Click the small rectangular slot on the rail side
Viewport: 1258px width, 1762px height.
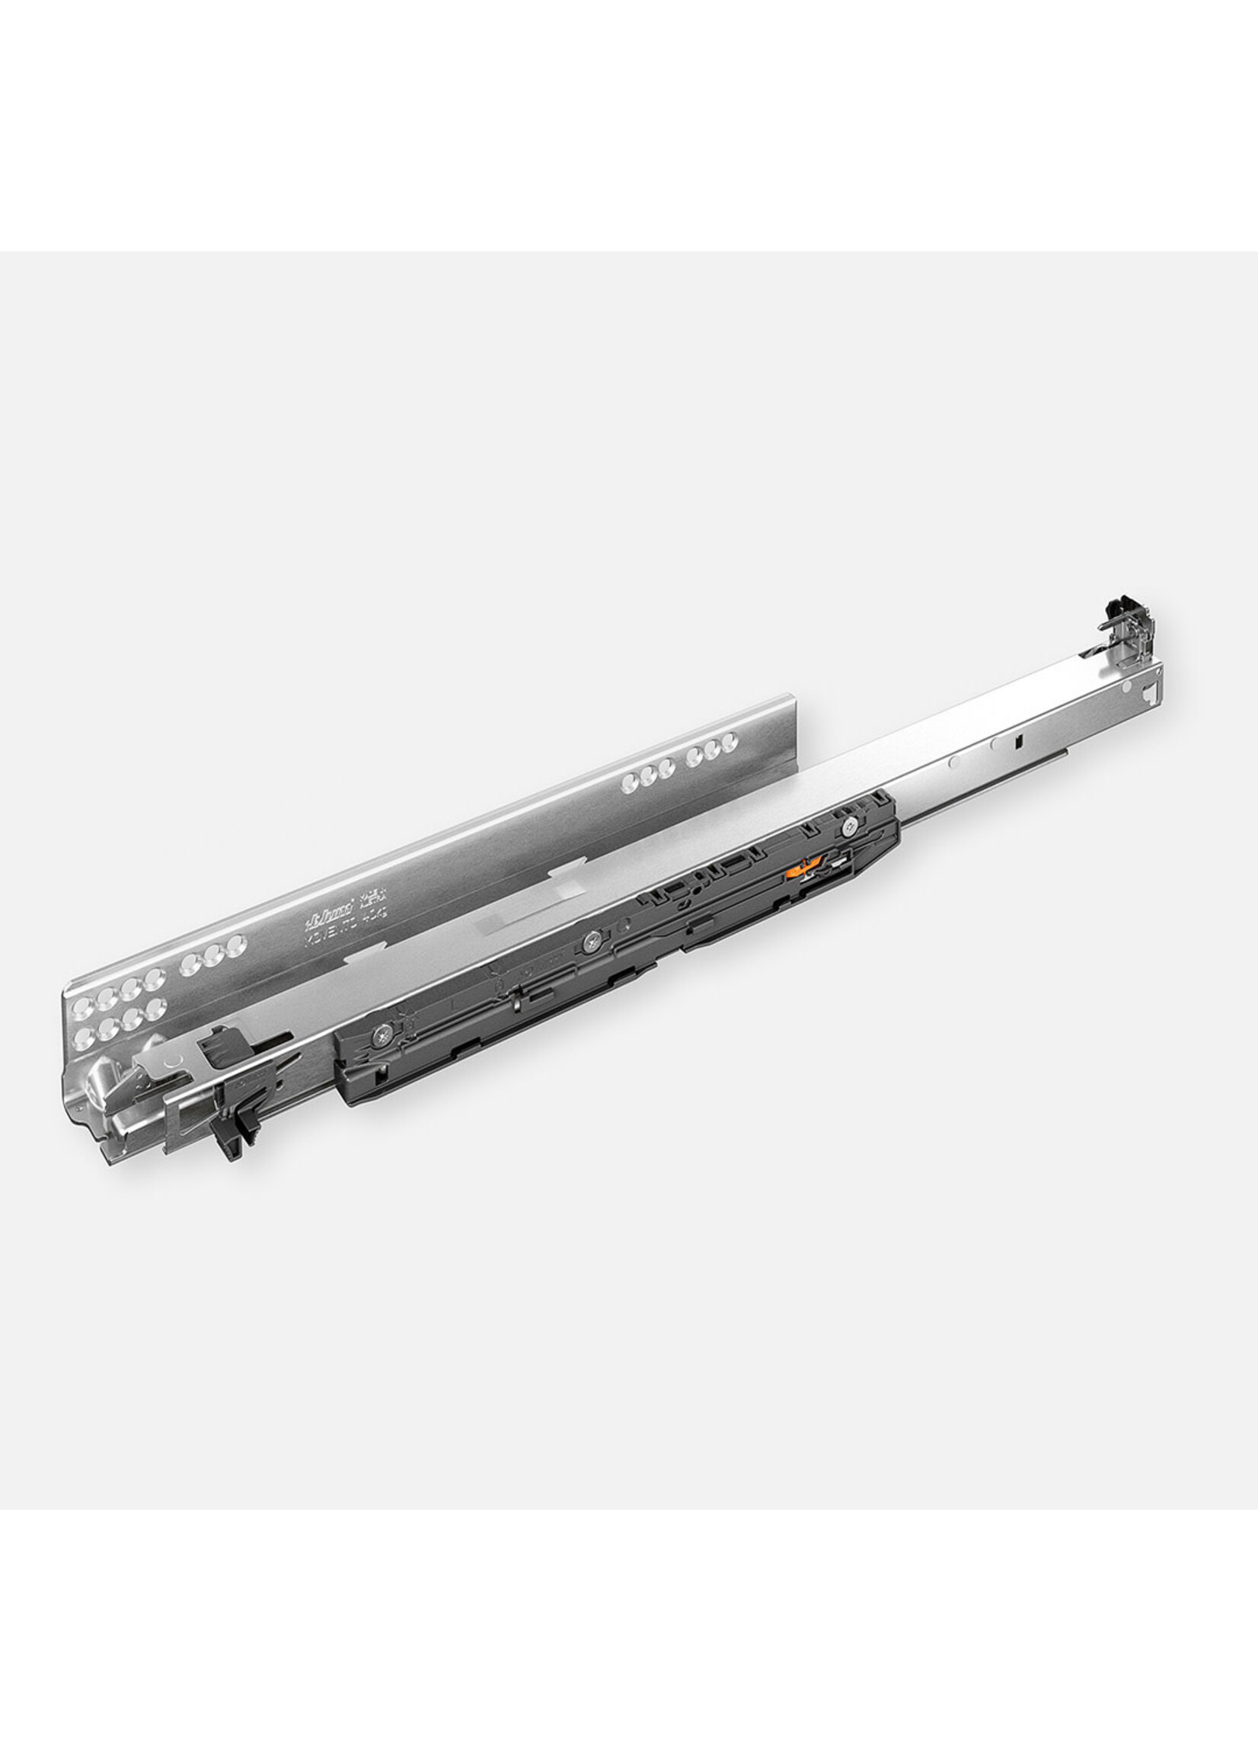[1018, 741]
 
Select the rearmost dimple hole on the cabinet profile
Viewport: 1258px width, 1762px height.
[727, 743]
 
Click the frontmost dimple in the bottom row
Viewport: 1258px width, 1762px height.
[81, 1036]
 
